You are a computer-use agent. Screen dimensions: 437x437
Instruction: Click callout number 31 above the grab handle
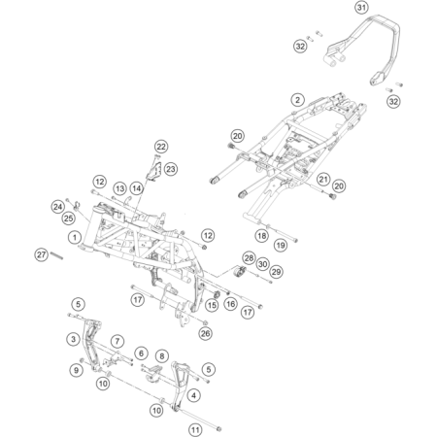[361, 7]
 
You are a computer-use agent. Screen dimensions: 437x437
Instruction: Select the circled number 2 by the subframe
[297, 99]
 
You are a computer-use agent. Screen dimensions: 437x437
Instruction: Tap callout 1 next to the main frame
[75, 237]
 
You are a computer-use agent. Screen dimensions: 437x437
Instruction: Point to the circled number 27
[41, 254]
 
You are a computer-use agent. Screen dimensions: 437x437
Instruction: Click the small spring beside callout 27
[56, 255]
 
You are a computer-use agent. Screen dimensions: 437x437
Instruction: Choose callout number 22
[161, 147]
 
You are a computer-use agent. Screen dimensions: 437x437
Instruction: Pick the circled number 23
[171, 169]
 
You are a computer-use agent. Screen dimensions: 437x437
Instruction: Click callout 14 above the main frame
[137, 188]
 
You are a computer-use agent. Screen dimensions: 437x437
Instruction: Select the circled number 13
[119, 188]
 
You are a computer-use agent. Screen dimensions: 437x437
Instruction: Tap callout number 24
[57, 206]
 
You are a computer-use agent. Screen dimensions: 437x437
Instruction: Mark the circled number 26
[205, 333]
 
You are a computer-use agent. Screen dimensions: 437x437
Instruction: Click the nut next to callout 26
[205, 322]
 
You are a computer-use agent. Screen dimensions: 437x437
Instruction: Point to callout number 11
[195, 429]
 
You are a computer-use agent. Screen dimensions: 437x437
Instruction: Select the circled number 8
[162, 356]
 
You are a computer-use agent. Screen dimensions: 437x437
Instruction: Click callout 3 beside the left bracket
[74, 339]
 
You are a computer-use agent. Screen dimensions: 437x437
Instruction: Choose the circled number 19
[281, 245]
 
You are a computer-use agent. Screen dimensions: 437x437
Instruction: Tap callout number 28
[249, 258]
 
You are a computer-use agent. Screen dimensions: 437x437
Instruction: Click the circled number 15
[212, 305]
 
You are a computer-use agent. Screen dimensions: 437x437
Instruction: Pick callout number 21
[322, 179]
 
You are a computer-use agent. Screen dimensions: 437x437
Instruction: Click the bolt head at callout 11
[218, 429]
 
